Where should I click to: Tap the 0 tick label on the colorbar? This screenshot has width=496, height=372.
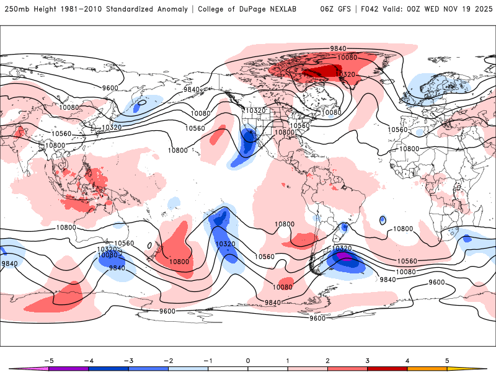click(247, 360)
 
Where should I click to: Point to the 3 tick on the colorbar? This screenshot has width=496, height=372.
click(367, 360)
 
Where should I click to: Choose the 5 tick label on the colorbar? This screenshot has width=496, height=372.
click(447, 360)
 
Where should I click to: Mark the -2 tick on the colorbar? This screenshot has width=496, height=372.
click(168, 360)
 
